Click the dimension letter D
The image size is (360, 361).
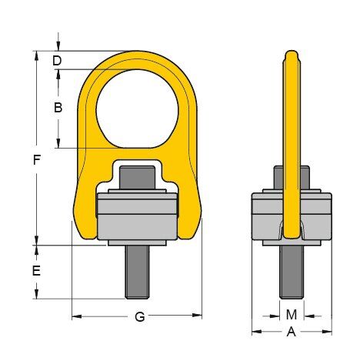57,60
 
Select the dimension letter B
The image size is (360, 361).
57,108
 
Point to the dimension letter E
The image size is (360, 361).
36,271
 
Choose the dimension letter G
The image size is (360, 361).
139,316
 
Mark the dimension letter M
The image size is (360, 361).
291,314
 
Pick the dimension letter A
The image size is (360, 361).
291,333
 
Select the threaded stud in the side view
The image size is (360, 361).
292,269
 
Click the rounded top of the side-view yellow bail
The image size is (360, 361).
292,55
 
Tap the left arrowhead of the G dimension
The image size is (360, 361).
75,316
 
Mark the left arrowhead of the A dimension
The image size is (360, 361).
255,333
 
